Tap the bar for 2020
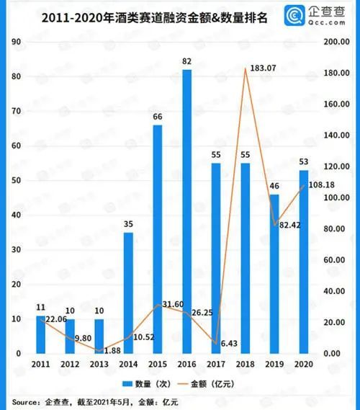[x=304, y=262]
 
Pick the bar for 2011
[x=40, y=334]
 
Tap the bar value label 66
[x=157, y=117]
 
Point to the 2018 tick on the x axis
[x=245, y=365]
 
